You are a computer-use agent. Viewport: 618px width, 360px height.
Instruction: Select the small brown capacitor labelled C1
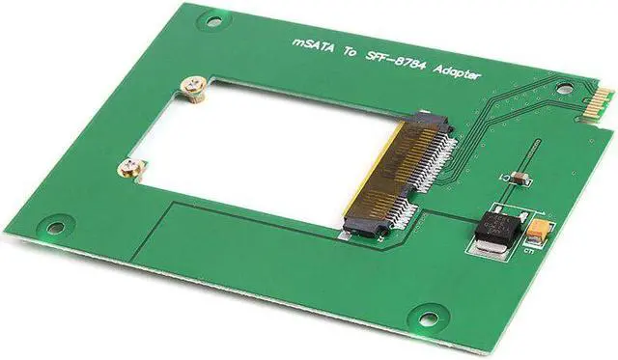pyautogui.click(x=519, y=178)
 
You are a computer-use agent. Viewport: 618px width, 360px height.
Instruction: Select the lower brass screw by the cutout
pyautogui.click(x=130, y=170)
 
